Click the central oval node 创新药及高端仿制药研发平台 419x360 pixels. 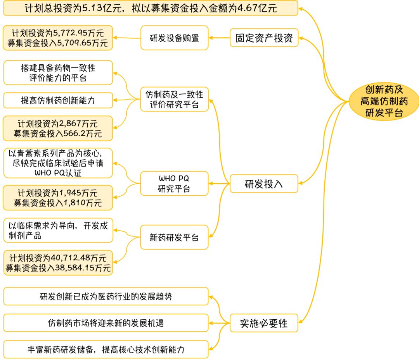pyautogui.click(x=384, y=101)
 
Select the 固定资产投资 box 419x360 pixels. pyautogui.click(x=264, y=38)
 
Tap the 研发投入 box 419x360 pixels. pyautogui.click(x=264, y=184)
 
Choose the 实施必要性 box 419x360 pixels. pyautogui.click(x=264, y=323)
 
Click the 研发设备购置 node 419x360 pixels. pyautogui.click(x=174, y=38)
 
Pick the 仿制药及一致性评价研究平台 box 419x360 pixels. pyautogui.click(x=174, y=99)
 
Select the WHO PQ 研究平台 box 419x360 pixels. pyautogui.click(x=174, y=184)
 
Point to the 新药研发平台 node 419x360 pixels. pyautogui.click(x=174, y=237)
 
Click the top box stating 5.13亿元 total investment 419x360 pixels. pyautogui.click(x=151, y=8)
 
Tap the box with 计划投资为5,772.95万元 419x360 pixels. pyautogui.click(x=58, y=38)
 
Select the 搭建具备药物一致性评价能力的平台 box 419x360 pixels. pyautogui.click(x=58, y=72)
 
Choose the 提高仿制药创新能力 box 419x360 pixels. pyautogui.click(x=58, y=100)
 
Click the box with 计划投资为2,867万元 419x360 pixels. pyautogui.click(x=58, y=128)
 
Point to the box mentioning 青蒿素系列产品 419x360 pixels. pyautogui.click(x=58, y=163)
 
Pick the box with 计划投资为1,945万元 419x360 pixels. pyautogui.click(x=58, y=197)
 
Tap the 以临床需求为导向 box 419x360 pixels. pyautogui.click(x=58, y=231)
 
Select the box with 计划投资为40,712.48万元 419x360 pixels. pyautogui.click(x=58, y=263)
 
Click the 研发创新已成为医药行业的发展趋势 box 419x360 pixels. pyautogui.click(x=106, y=296)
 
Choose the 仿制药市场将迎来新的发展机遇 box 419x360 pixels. pyautogui.click(x=106, y=323)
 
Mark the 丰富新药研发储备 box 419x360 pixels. pyautogui.click(x=106, y=350)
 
